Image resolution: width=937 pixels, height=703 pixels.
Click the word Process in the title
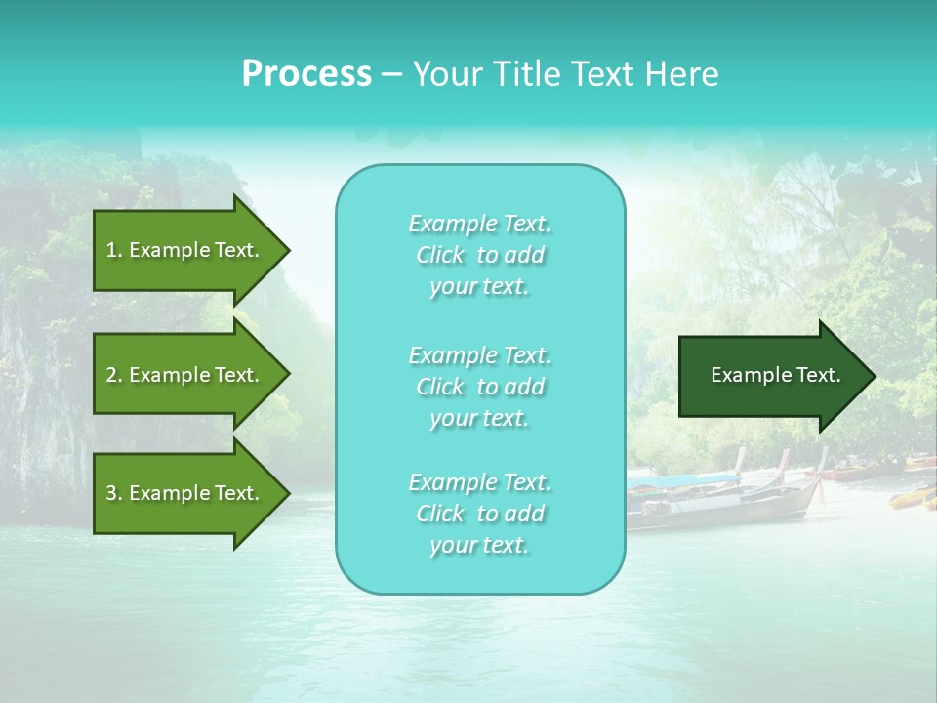pyautogui.click(x=306, y=74)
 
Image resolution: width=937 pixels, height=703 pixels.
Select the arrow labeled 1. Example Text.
pyautogui.click(x=185, y=250)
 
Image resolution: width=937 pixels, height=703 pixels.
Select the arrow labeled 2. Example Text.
pyautogui.click(x=185, y=375)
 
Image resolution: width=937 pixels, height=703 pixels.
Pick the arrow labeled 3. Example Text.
pyautogui.click(x=185, y=493)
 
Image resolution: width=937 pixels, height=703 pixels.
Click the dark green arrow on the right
pyautogui.click(x=771, y=375)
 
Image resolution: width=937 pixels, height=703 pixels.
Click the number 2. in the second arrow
pyautogui.click(x=113, y=375)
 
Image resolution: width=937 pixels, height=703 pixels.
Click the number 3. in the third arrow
pyautogui.click(x=113, y=493)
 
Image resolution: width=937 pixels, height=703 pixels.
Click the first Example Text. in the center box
pyautogui.click(x=479, y=224)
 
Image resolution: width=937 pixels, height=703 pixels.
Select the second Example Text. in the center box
pyautogui.click(x=479, y=354)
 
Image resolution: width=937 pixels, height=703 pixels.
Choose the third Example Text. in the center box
pyautogui.click(x=479, y=482)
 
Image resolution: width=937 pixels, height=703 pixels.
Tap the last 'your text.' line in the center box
pyautogui.click(x=479, y=546)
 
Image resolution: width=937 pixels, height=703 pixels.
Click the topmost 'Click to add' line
pyautogui.click(x=479, y=256)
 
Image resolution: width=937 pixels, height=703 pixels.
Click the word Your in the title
pyautogui.click(x=445, y=74)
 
